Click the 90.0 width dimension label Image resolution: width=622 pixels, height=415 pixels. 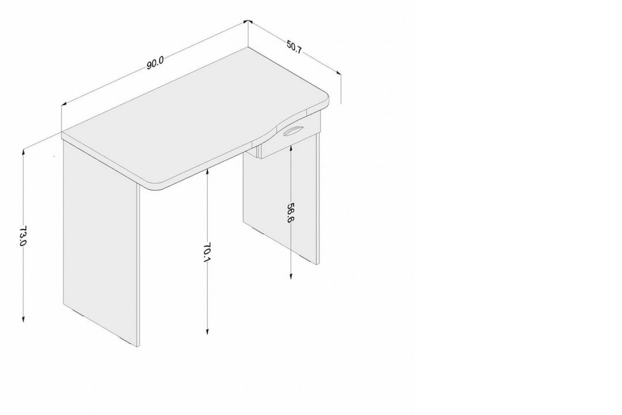(x=155, y=63)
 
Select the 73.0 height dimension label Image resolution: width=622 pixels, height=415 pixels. (x=22, y=236)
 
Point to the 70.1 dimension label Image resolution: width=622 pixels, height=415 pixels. (x=207, y=252)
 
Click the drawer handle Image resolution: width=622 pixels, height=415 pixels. (x=293, y=131)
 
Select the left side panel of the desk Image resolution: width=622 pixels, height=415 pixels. (x=101, y=242)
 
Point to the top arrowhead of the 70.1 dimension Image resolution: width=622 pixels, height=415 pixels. (x=207, y=171)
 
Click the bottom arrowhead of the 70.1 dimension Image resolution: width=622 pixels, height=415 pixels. (x=207, y=331)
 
